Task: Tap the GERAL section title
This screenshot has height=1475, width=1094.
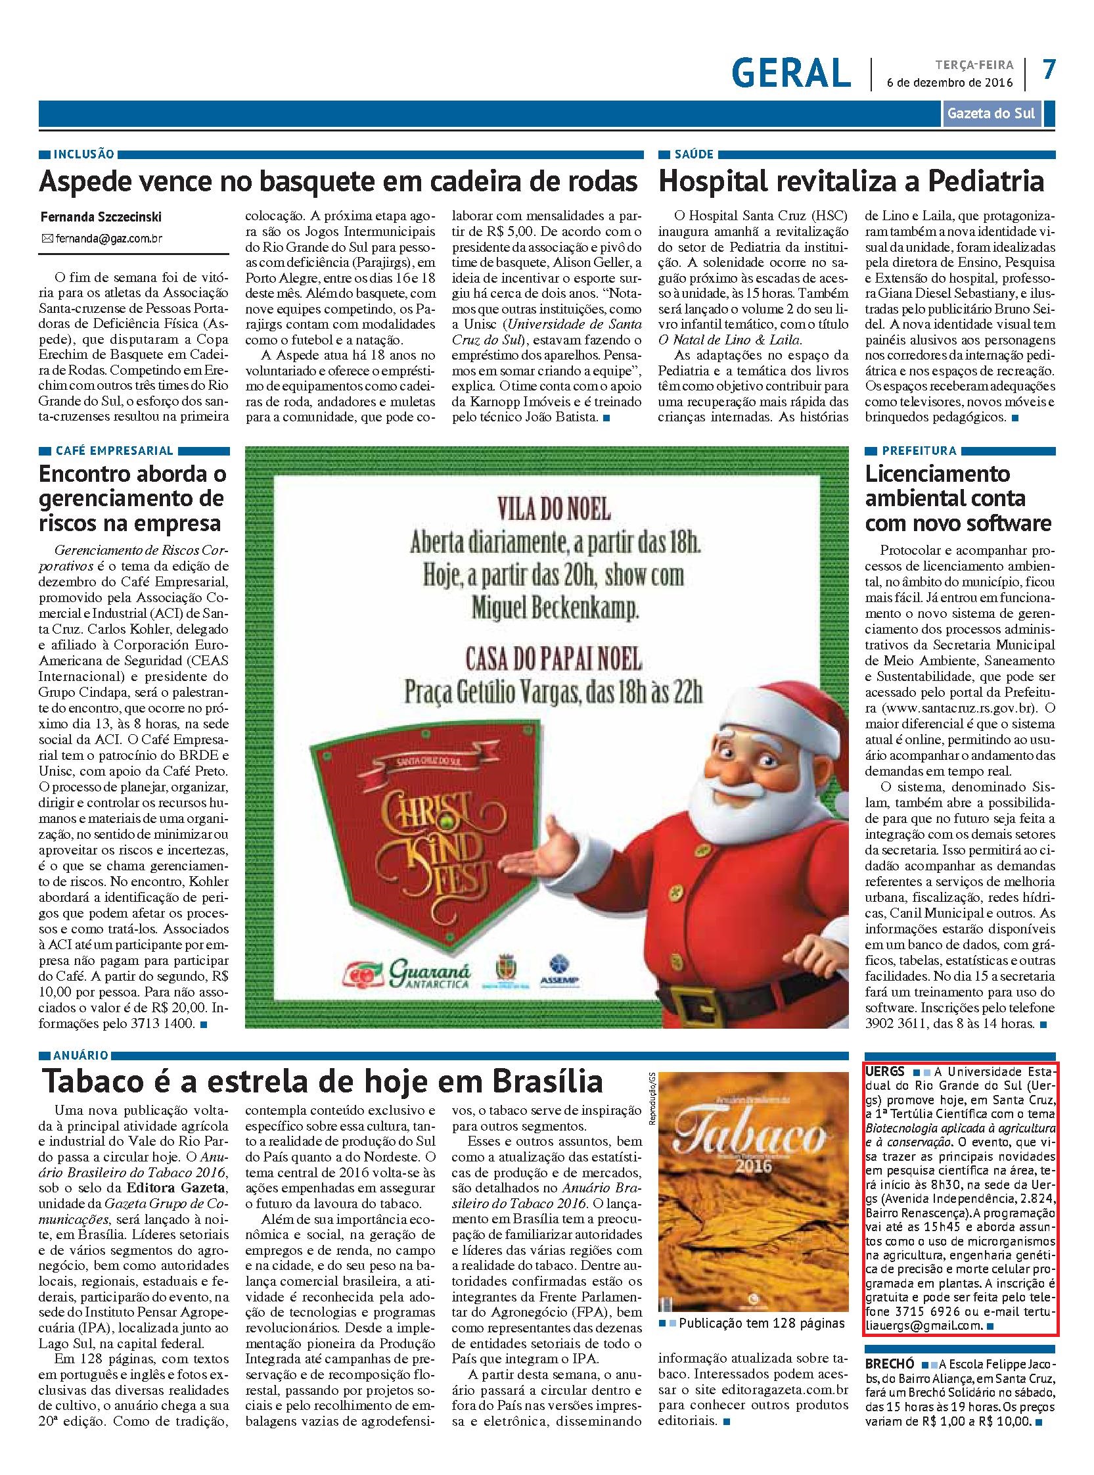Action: click(791, 72)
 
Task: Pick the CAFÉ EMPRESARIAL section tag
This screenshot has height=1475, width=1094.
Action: click(114, 450)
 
